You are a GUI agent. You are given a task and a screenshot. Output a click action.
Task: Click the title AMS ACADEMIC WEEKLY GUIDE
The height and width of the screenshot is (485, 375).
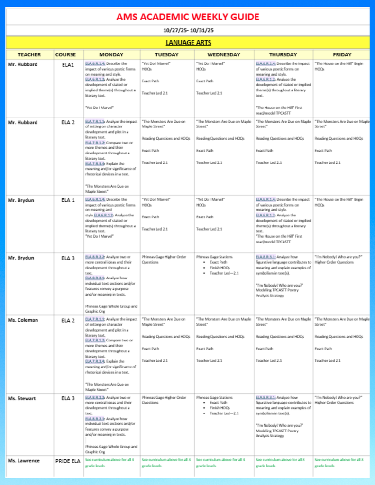click(188, 18)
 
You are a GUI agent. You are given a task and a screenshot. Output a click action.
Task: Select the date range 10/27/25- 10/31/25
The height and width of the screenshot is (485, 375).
click(188, 30)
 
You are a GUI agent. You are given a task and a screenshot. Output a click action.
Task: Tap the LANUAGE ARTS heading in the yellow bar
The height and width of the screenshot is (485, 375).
click(188, 43)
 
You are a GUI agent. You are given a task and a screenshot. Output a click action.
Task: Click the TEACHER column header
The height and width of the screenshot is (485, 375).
click(29, 54)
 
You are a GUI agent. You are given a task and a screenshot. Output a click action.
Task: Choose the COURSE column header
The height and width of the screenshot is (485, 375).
click(65, 54)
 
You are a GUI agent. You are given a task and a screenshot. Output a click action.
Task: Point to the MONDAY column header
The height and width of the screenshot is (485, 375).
click(111, 54)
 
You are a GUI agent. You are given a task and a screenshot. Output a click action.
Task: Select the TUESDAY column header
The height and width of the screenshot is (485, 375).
click(167, 54)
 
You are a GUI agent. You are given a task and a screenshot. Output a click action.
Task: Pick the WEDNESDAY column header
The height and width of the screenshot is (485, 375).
click(224, 54)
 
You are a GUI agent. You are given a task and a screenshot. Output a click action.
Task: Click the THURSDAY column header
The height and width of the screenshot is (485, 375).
click(283, 54)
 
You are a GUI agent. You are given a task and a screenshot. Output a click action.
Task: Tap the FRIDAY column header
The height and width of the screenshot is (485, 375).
click(342, 54)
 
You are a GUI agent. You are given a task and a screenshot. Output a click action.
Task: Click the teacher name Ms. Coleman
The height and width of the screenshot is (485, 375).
click(23, 320)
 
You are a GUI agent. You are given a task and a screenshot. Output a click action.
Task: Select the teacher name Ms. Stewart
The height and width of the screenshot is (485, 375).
click(22, 398)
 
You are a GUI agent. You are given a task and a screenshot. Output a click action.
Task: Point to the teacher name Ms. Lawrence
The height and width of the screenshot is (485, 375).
click(24, 460)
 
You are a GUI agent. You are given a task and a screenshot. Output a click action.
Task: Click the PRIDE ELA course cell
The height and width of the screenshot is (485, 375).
click(65, 461)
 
